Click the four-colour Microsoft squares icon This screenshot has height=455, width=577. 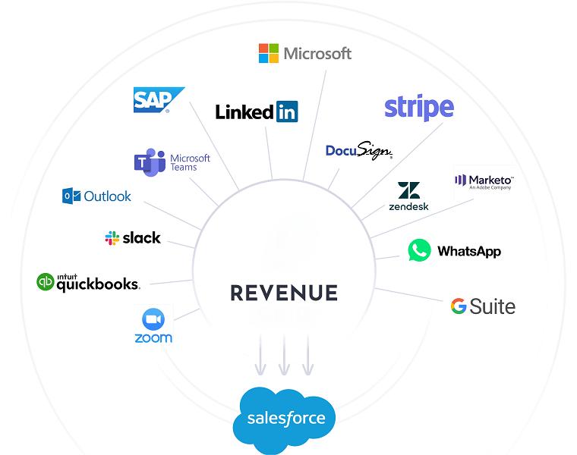point(269,53)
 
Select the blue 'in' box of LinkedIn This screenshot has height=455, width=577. point(287,111)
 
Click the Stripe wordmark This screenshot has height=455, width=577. point(419,107)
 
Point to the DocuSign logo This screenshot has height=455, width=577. point(359,150)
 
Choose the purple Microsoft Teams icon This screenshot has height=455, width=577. point(150,162)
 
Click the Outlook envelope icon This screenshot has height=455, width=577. point(71,196)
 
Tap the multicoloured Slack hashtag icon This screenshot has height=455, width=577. point(112,238)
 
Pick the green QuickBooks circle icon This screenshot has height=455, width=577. point(46,282)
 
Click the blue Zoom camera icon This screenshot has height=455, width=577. point(153,319)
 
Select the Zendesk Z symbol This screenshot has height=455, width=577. point(408,190)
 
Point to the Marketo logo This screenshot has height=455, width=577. point(484,182)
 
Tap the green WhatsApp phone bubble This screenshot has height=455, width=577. point(420,250)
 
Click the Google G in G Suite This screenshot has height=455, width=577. point(459,306)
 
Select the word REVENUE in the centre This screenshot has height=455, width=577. point(284,293)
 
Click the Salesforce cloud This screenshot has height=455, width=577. point(285,419)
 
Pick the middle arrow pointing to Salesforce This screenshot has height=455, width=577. point(284,355)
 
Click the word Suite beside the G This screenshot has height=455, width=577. point(493,306)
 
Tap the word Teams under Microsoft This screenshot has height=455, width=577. point(184,168)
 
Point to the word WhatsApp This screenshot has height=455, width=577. point(469,252)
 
